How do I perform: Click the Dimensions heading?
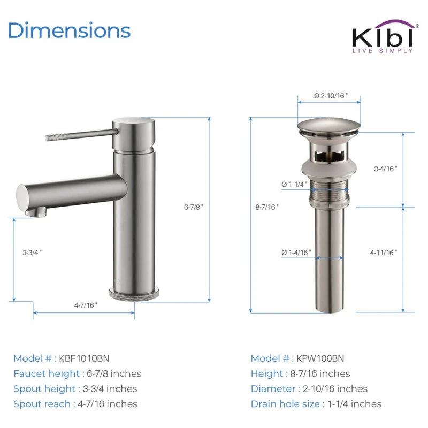pos(70,30)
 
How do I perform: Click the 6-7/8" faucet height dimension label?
pos(194,207)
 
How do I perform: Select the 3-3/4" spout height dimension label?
pos(32,252)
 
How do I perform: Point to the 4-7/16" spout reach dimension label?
pos(86,305)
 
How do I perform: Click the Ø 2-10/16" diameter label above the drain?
pos(331,96)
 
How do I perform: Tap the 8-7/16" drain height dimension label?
pos(267,207)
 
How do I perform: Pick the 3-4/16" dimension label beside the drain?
pos(385,169)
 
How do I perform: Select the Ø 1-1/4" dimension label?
pos(295,184)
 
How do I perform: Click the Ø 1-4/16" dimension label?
pos(296,253)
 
